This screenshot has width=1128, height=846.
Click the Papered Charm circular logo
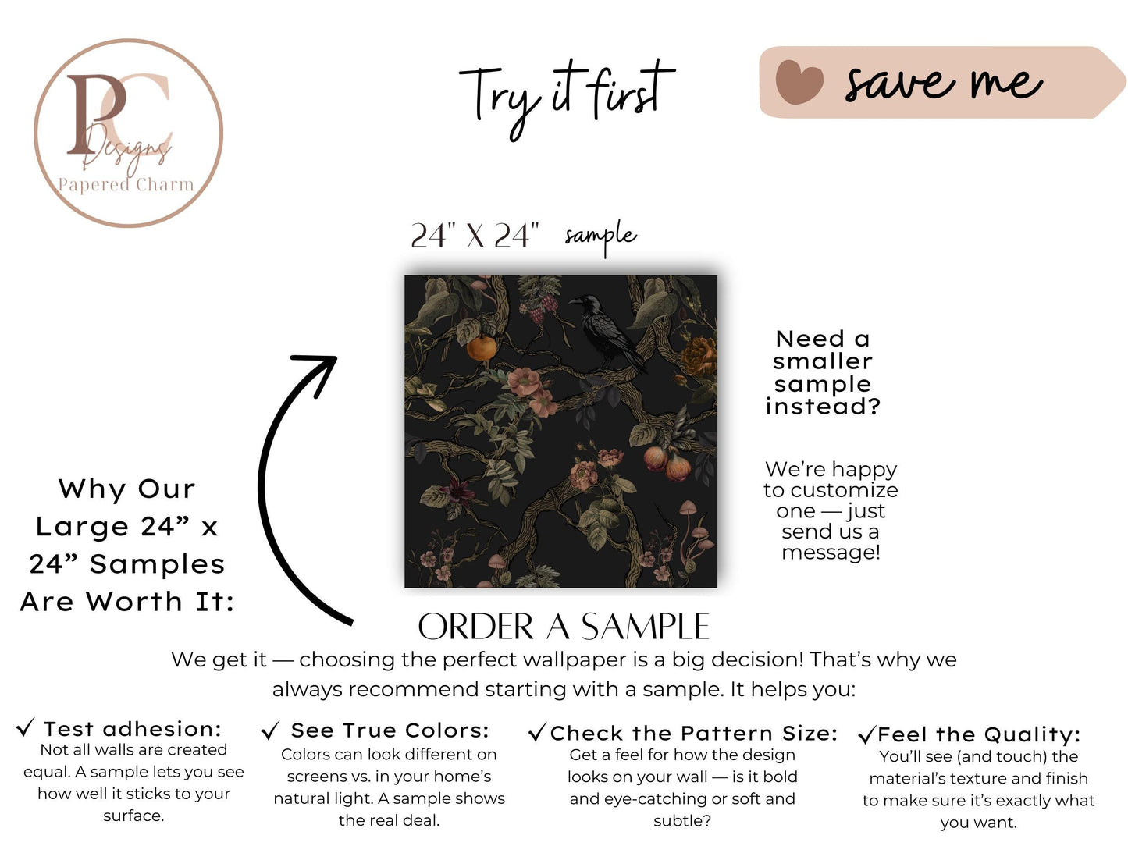tap(128, 133)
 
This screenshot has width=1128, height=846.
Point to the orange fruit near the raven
tap(481, 349)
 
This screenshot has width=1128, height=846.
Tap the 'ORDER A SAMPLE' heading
tap(564, 627)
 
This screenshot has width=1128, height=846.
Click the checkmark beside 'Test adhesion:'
tap(25, 727)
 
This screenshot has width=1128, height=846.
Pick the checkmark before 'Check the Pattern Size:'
tap(537, 732)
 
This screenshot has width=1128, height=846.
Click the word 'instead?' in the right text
tap(822, 407)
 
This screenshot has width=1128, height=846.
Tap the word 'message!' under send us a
tap(831, 553)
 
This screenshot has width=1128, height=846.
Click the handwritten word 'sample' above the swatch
tap(600, 236)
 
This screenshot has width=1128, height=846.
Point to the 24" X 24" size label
tap(475, 236)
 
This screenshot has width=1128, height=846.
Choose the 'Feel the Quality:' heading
tap(979, 734)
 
